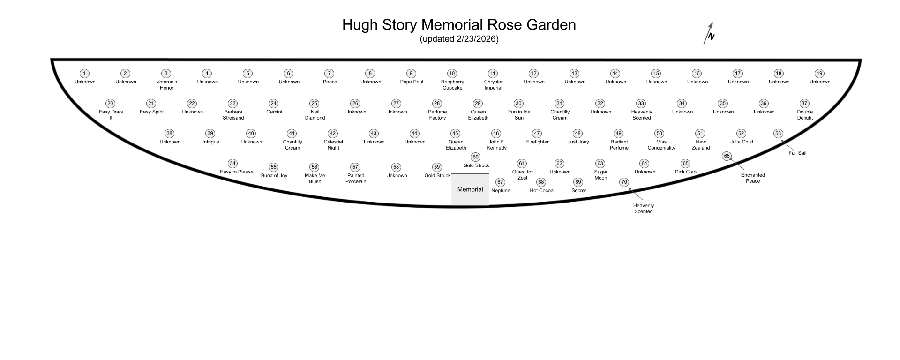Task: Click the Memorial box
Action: [x=470, y=189]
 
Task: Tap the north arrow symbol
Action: [x=709, y=33]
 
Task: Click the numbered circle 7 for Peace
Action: [x=330, y=74]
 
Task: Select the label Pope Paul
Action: [x=412, y=82]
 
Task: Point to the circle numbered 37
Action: [x=804, y=104]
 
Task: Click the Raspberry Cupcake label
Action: [x=452, y=85]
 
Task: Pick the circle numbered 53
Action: [x=778, y=134]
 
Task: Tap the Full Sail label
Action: [x=797, y=153]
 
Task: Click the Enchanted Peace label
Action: [x=753, y=178]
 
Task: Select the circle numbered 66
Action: [x=727, y=156]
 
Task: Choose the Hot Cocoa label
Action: [x=541, y=191]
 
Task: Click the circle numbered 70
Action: [x=624, y=182]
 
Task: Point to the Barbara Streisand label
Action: [x=233, y=115]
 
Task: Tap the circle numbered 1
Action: [x=84, y=74]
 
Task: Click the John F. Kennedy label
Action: [x=496, y=145]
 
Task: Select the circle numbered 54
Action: [x=232, y=164]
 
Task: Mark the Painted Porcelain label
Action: [x=356, y=179]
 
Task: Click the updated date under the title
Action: [x=459, y=39]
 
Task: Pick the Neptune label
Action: [x=501, y=191]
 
